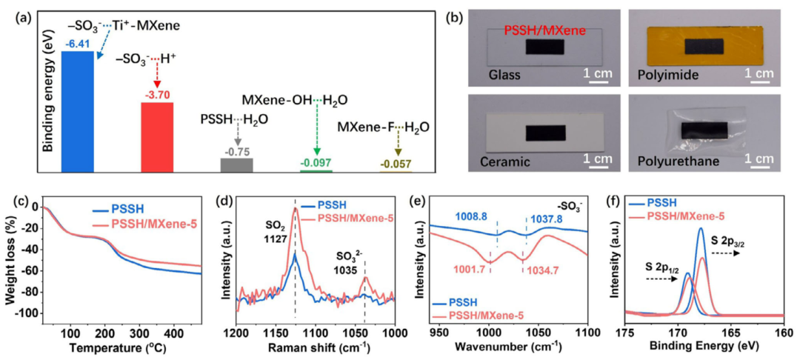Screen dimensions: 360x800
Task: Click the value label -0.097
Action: point(316,162)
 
